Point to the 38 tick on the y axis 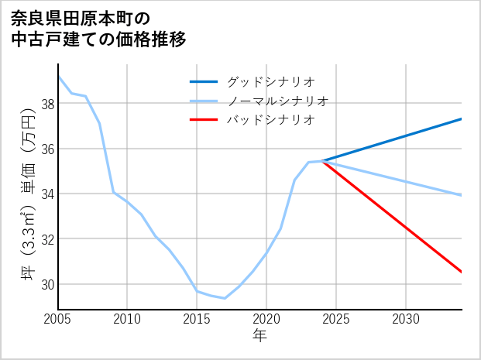click(x=47, y=104)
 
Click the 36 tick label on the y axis click(x=47, y=149)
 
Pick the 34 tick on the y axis click(x=47, y=194)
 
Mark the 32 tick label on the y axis click(x=47, y=239)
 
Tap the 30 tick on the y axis click(x=47, y=284)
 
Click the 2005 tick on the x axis click(x=58, y=318)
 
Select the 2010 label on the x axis click(x=128, y=318)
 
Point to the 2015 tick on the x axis click(x=197, y=318)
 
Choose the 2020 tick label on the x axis click(x=266, y=318)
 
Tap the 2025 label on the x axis click(x=336, y=318)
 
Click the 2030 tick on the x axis click(x=406, y=318)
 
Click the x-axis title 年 click(x=260, y=335)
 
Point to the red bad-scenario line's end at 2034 click(x=462, y=272)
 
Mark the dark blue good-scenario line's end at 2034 click(x=462, y=118)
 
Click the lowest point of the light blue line click(x=225, y=298)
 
